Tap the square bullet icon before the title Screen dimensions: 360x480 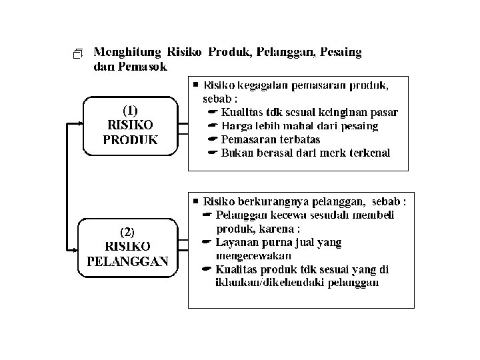click(79, 53)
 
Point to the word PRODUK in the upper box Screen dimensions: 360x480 click(131, 139)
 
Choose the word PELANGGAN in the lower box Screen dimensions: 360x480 click(127, 261)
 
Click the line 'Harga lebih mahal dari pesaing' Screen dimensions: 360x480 click(300, 125)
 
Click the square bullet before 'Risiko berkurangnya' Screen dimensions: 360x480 click(195, 200)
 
